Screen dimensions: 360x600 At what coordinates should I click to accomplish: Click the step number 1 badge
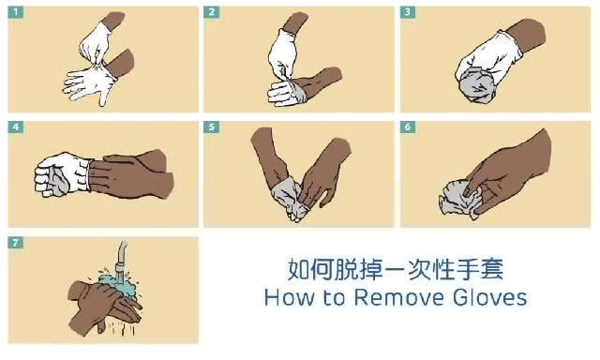(15, 12)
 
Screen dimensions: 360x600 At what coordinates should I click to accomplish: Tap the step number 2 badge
(212, 12)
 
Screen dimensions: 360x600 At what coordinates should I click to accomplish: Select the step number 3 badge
(409, 12)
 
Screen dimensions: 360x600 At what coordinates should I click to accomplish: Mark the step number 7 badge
(15, 243)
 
